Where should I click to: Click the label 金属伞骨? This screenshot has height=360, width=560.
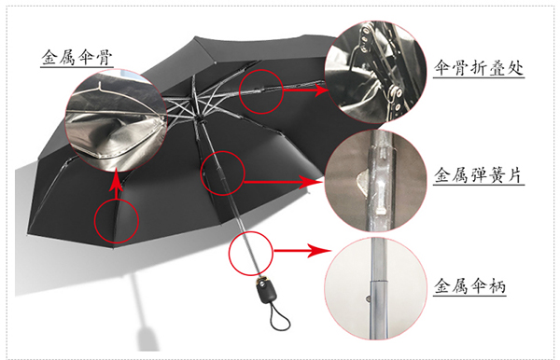77,57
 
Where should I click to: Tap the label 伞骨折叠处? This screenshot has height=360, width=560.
479,67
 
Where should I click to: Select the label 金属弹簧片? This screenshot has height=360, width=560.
479,174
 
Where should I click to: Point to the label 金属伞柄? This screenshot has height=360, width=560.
470,285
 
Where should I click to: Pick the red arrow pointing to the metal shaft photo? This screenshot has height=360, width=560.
302,251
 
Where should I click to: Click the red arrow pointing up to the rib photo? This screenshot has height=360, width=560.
116,185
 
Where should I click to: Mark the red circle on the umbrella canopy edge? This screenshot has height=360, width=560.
116,221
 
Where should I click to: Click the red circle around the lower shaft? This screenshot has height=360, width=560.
251,253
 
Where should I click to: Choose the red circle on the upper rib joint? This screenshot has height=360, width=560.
260,91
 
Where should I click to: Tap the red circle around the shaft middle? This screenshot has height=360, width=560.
222,173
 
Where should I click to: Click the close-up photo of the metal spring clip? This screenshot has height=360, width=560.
376,181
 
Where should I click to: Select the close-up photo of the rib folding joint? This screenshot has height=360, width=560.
376,72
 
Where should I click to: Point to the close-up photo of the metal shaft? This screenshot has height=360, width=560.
376,288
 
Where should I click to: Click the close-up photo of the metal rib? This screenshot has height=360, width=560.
116,120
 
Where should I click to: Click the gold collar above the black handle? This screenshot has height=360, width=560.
262,277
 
